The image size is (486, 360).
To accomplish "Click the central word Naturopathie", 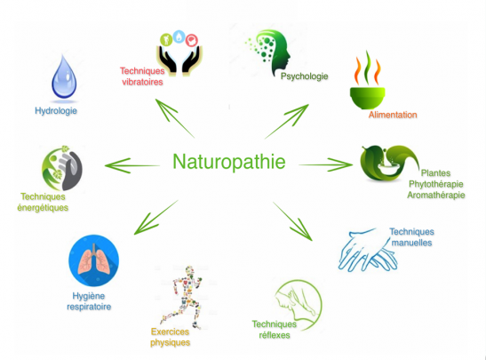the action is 229,162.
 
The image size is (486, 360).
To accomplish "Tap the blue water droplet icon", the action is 64,77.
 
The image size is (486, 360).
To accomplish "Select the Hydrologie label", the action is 56,111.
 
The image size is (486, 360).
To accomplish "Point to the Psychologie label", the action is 305,76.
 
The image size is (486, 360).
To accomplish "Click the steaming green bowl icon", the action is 368,80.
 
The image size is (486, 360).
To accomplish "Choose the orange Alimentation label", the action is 393,115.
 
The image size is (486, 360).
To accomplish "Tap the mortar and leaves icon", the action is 389,163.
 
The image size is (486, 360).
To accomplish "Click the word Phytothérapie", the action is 435,184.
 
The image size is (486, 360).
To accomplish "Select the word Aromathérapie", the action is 435,195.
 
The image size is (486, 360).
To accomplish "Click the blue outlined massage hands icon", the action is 367,251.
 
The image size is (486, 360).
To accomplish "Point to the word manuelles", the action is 411,243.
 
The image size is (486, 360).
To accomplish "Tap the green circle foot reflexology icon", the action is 299,305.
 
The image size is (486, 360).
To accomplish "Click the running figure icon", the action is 182,297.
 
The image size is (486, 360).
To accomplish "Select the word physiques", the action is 171,343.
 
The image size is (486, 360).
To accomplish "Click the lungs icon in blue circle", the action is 93,260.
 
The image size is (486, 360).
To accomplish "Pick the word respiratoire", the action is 89,307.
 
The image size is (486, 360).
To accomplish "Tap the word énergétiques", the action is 43,207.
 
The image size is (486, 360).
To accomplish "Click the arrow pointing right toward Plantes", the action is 325,164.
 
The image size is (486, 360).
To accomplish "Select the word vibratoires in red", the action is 142,82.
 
